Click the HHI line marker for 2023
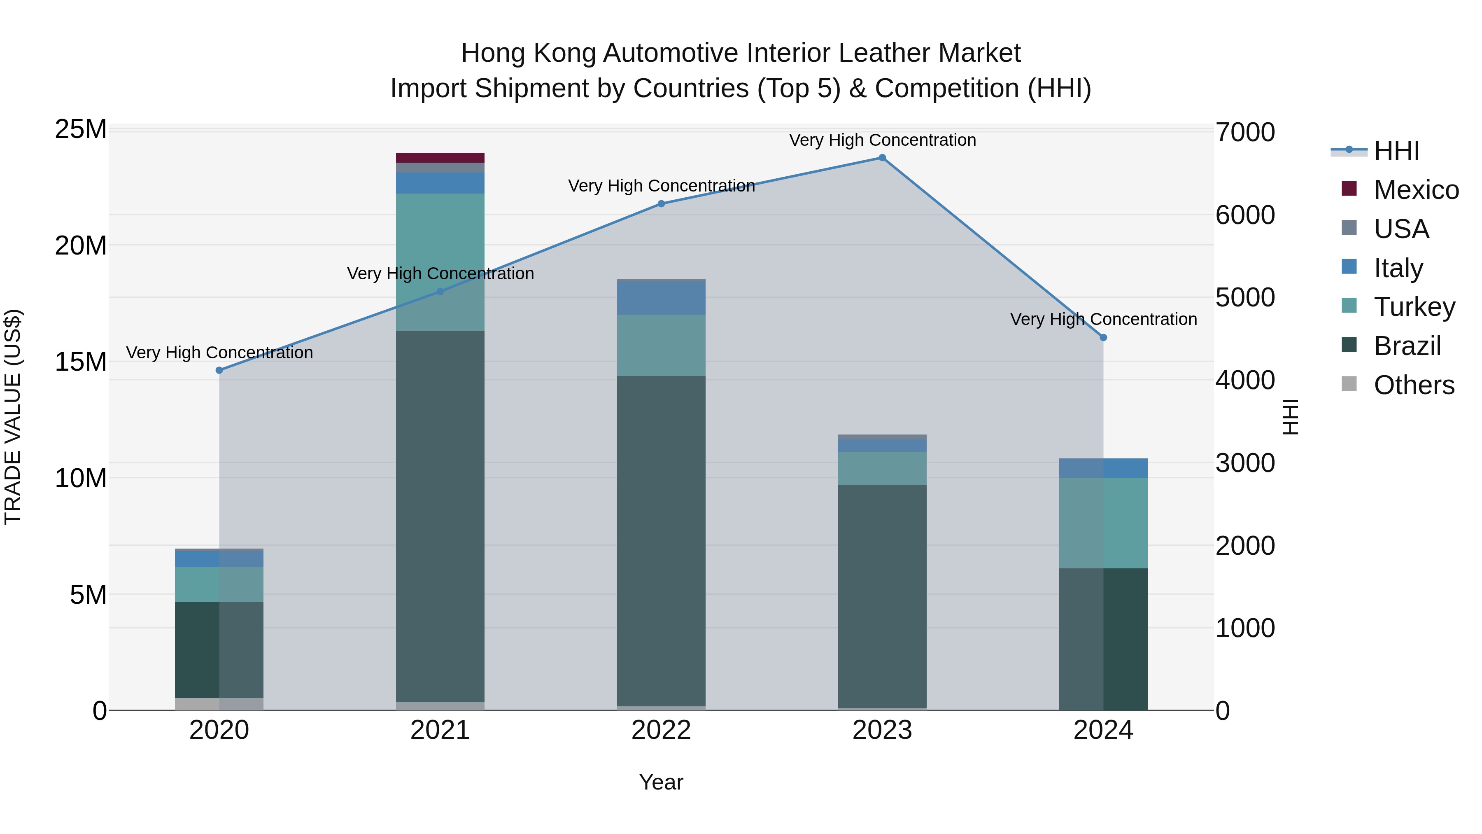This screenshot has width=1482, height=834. [x=882, y=158]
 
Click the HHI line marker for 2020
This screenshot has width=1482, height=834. [x=219, y=370]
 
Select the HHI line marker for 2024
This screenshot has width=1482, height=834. [x=1103, y=338]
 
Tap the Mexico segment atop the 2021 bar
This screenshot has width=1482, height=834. [x=440, y=158]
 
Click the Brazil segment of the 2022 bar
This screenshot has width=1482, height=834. [x=661, y=541]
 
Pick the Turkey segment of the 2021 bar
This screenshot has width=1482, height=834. [x=440, y=262]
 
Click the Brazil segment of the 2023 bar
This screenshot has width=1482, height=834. [x=882, y=596]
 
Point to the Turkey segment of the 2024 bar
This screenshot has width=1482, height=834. [x=1103, y=523]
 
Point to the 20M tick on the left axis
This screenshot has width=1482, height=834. [x=81, y=246]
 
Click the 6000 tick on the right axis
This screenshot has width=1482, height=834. [x=1245, y=215]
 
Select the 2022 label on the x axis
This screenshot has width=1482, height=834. [x=661, y=730]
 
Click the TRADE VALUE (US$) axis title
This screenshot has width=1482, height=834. [x=13, y=417]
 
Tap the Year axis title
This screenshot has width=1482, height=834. [x=661, y=782]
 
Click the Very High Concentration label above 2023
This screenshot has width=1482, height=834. [x=882, y=140]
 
